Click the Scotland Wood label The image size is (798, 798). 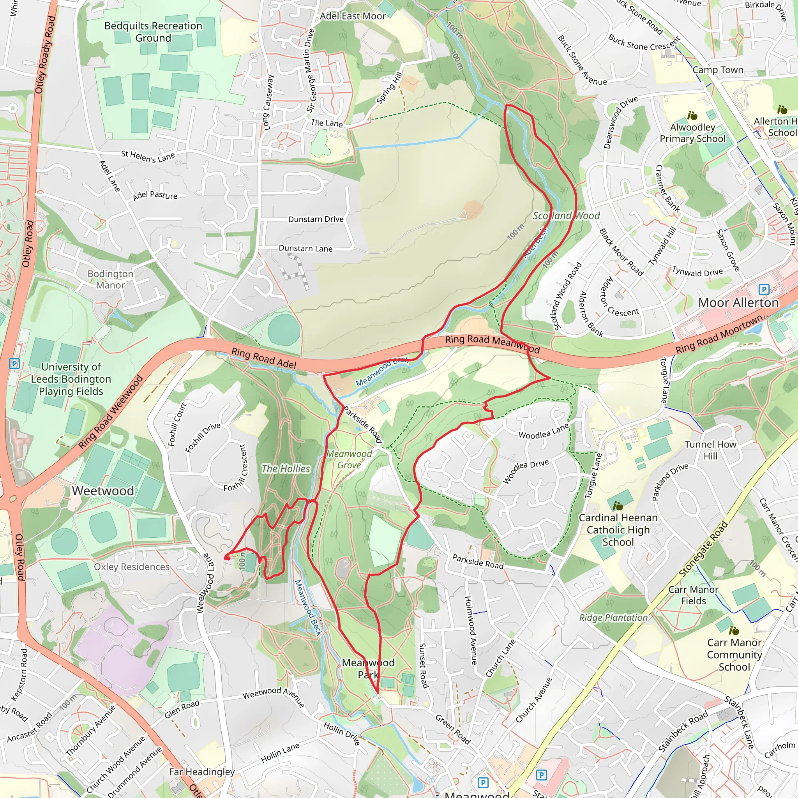(566, 215)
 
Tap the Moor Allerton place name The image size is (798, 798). (738, 302)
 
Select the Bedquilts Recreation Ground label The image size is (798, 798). (153, 32)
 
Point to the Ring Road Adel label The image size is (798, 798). (263, 358)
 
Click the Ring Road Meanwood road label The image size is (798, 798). (493, 344)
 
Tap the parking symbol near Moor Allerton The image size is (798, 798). (764, 290)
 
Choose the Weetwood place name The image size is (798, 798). (103, 491)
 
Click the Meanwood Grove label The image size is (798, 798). (350, 459)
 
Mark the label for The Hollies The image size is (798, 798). (285, 468)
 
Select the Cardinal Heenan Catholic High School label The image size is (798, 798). (618, 530)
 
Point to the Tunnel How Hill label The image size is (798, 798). (710, 450)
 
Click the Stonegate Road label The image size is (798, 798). (703, 549)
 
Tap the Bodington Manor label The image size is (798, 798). (110, 279)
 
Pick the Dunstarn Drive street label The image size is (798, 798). (316, 219)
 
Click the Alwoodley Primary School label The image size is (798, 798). (692, 132)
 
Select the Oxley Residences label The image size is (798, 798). (132, 567)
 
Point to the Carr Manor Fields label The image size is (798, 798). (693, 595)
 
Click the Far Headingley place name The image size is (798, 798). (201, 772)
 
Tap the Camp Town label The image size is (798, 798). (718, 70)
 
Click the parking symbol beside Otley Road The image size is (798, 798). (14, 364)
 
